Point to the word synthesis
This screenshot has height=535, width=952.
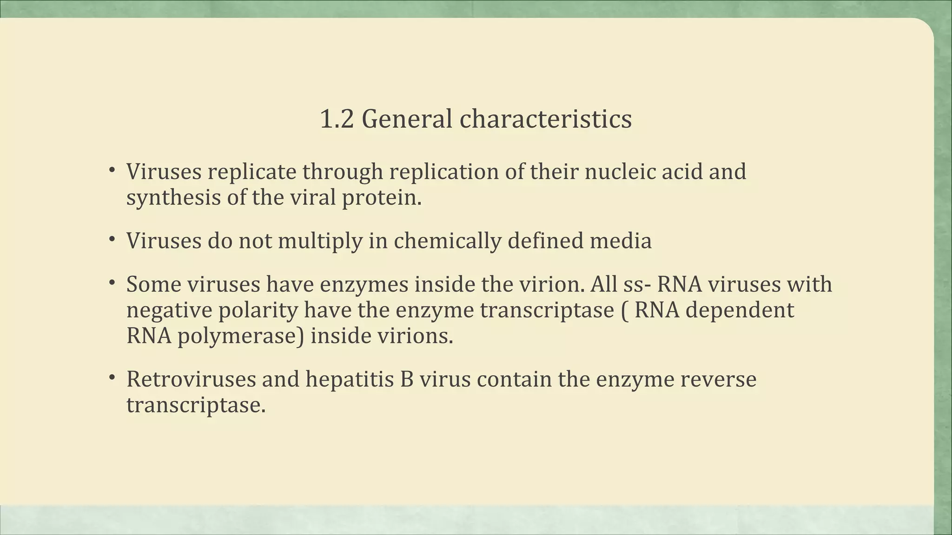pyautogui.click(x=173, y=198)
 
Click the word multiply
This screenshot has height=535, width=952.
pyautogui.click(x=320, y=241)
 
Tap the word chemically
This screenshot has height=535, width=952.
pyautogui.click(x=448, y=241)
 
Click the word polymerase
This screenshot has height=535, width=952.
pyautogui.click(x=241, y=336)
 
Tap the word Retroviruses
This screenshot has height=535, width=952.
pyautogui.click(x=191, y=379)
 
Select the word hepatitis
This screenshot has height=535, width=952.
pyautogui.click(x=350, y=379)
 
